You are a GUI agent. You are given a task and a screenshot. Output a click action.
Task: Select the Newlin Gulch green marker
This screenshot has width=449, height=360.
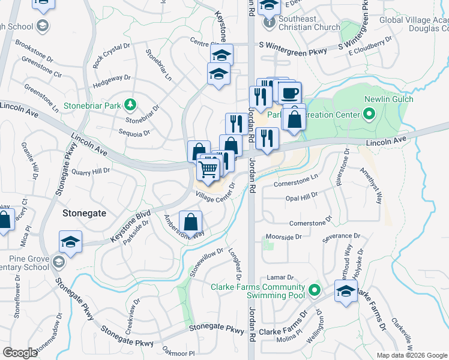[369, 113]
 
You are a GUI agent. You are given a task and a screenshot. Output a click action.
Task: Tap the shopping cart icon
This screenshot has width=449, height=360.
[208, 169]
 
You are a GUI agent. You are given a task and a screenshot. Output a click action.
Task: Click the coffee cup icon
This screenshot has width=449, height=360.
[290, 94]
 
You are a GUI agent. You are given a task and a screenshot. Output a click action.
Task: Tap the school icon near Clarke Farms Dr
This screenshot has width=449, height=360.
[346, 293]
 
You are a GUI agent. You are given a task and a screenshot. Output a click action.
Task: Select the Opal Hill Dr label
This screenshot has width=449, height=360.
[302, 197]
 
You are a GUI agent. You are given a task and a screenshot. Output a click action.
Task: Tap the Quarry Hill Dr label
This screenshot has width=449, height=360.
[91, 170]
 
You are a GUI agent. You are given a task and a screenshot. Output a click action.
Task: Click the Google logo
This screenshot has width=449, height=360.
[20, 353]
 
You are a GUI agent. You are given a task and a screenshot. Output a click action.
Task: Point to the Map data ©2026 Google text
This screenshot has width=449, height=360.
[411, 355]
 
